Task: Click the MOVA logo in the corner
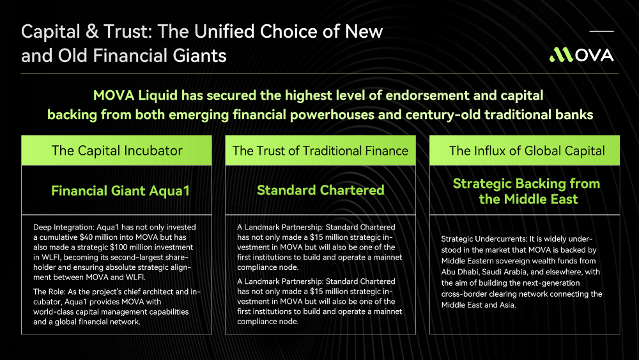point(581,55)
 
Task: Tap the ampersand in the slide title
point(92,31)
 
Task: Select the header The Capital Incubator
point(117,150)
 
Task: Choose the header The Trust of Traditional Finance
point(320,151)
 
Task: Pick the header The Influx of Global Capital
point(527,151)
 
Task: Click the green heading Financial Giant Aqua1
point(120,191)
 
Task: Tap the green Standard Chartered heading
point(321,190)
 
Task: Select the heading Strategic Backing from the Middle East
point(527,191)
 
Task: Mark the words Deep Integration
point(63,228)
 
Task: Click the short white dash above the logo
point(601,31)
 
